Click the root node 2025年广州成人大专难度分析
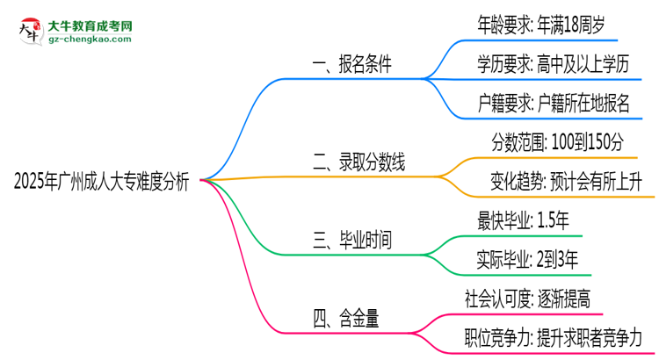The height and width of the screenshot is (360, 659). (x=101, y=182)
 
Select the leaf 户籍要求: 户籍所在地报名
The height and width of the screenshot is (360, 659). (x=549, y=104)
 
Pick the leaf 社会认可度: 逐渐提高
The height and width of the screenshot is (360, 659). (x=525, y=299)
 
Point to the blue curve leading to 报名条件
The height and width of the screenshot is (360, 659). (x=242, y=114)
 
